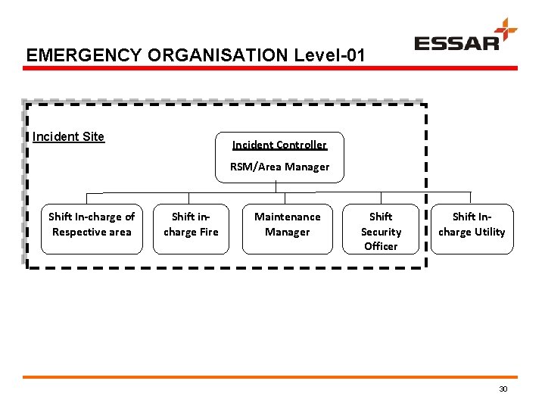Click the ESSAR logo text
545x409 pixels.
pyautogui.click(x=456, y=42)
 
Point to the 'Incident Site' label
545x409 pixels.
pyautogui.click(x=68, y=137)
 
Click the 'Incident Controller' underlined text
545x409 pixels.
pyautogui.click(x=279, y=145)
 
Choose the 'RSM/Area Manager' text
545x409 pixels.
pyautogui.click(x=279, y=167)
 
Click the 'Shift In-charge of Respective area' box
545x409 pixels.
pyautogui.click(x=92, y=228)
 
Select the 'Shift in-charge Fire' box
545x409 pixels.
pyautogui.click(x=191, y=228)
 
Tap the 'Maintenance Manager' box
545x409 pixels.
pyautogui.click(x=287, y=228)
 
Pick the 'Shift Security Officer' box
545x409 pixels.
pyautogui.click(x=381, y=228)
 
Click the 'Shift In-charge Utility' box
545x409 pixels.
pyautogui.click(x=472, y=228)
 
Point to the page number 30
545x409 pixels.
pyautogui.click(x=503, y=389)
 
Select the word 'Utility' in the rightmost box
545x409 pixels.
pyautogui.click(x=489, y=233)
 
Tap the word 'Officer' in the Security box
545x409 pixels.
pyautogui.click(x=381, y=246)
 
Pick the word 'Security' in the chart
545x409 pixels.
pyautogui.click(x=381, y=232)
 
